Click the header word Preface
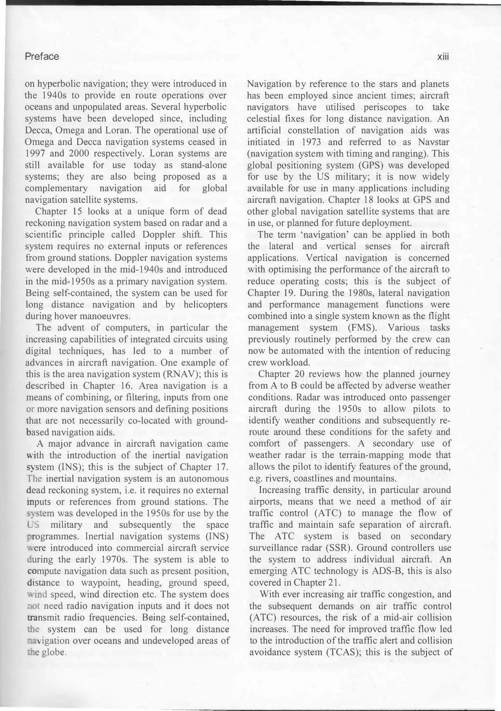tap(42, 57)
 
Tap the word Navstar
tap(433, 142)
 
